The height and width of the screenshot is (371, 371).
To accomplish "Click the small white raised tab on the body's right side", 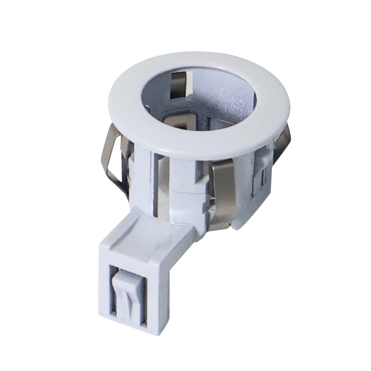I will [263, 157].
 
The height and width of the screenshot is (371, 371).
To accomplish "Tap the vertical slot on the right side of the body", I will [255, 183].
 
